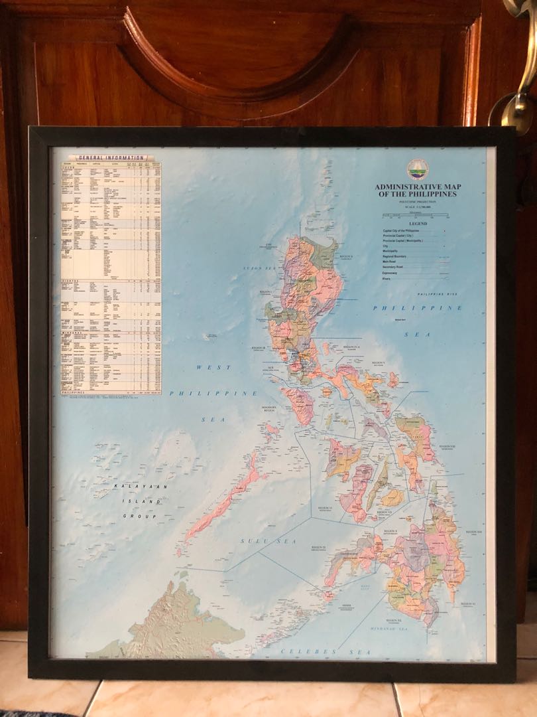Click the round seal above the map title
418,169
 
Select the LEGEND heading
417,224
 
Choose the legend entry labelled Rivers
387,279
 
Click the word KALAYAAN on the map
130,487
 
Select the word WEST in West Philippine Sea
213,367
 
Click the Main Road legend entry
390,262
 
